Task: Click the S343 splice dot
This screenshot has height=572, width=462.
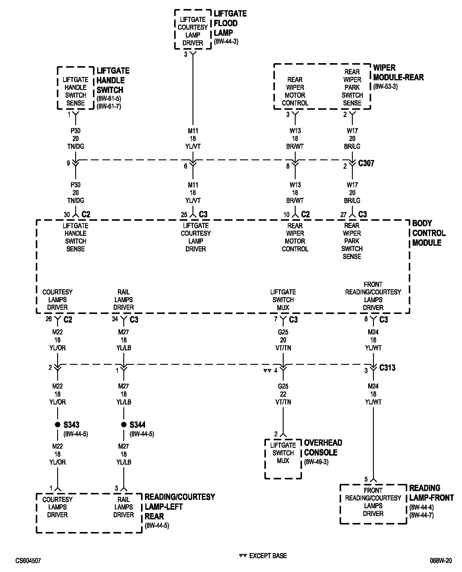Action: point(57,425)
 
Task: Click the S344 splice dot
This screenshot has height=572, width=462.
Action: point(124,425)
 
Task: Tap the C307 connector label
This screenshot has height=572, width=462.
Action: point(366,163)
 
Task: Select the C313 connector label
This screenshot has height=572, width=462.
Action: point(387,368)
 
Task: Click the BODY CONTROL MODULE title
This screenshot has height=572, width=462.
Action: point(429,233)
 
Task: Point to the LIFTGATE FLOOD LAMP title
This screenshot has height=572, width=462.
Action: point(230,23)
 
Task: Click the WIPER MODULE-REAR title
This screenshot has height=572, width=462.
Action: point(398,72)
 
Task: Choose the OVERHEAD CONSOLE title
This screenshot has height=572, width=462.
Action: point(323,447)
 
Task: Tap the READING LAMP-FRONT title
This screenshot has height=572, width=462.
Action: point(431,493)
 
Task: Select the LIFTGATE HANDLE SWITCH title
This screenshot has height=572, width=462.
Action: point(113,80)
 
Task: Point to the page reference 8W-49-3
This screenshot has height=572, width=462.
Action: point(316,462)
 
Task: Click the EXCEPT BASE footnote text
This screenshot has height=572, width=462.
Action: point(268,556)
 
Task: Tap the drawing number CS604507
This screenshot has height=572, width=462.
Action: point(28,561)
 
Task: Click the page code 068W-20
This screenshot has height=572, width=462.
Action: point(440,561)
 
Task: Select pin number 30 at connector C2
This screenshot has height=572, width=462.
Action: point(67,215)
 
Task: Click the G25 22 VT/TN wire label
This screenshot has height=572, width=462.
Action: point(283,394)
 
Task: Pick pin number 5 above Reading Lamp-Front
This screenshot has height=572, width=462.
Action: point(366,479)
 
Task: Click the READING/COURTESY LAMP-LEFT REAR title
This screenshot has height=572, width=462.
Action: point(180,507)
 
